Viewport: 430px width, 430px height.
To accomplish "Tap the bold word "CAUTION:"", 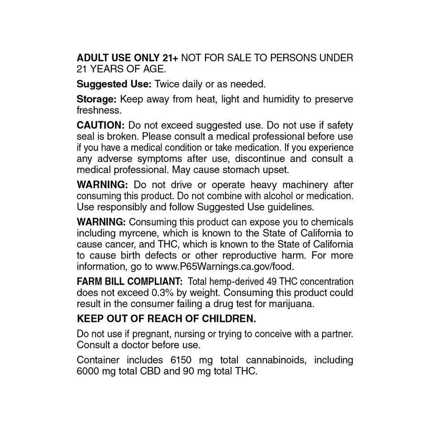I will pyautogui.click(x=101, y=125).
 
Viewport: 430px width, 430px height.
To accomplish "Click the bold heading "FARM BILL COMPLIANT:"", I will pyautogui.click(x=129, y=282).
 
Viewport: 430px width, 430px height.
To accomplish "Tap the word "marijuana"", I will pyautogui.click(x=291, y=303).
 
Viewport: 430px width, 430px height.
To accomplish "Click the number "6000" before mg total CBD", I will pyautogui.click(x=88, y=371).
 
